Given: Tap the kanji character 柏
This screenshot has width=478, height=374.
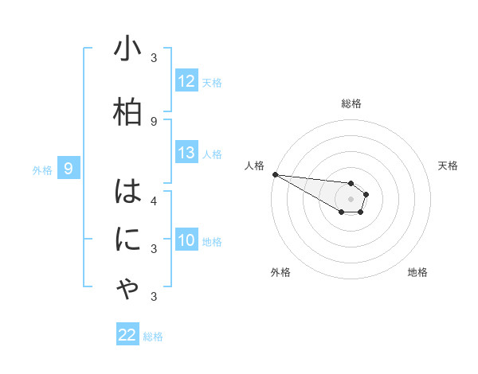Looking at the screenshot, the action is click(x=127, y=112).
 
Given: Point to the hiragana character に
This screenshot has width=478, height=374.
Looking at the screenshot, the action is click(x=127, y=240).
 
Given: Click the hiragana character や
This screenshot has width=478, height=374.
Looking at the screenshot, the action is click(x=127, y=290).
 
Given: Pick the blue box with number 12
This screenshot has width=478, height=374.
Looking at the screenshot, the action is click(x=186, y=81).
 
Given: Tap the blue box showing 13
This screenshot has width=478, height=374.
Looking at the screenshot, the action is click(x=186, y=153).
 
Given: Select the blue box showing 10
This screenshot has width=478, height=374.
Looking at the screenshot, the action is click(x=186, y=240).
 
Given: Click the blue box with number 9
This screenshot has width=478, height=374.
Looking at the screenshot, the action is click(x=69, y=168).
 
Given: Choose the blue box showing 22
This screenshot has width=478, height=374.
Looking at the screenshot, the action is click(x=127, y=335).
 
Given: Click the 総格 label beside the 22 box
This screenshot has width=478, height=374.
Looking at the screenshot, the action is click(x=153, y=337).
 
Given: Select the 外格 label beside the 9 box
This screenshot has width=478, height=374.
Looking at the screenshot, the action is click(x=41, y=169).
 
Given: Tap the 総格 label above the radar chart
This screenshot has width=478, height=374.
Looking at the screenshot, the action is click(x=351, y=103).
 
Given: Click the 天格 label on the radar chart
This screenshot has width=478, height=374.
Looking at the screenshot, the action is click(x=449, y=166).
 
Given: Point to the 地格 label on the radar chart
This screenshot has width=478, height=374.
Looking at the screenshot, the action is click(x=417, y=272).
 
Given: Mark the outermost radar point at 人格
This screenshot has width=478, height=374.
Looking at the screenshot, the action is click(x=274, y=173).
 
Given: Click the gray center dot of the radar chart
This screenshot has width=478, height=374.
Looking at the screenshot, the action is click(x=351, y=199).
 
